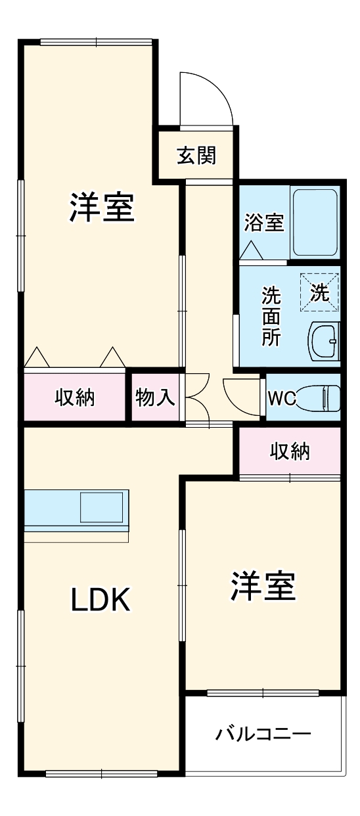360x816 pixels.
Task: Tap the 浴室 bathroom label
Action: (x=263, y=223)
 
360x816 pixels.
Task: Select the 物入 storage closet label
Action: (x=155, y=397)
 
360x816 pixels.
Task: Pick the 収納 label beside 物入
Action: (x=74, y=397)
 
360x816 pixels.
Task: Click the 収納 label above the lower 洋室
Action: (x=290, y=451)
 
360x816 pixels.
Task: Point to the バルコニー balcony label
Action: (x=263, y=734)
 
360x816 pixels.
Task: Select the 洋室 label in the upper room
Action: (x=102, y=207)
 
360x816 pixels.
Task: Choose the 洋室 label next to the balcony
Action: (x=263, y=586)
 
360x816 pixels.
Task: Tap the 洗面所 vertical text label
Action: (x=271, y=316)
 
